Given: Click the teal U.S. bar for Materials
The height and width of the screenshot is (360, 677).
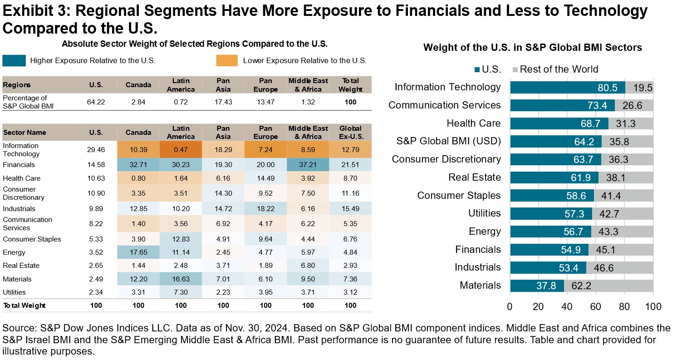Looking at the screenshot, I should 537,286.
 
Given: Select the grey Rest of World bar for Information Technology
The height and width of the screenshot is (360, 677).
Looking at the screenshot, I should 639,87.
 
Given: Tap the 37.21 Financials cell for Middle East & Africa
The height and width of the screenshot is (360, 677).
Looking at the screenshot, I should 308,165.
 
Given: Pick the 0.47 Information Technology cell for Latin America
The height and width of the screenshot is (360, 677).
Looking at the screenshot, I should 181,149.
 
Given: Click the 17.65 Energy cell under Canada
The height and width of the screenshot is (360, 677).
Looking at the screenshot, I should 138,252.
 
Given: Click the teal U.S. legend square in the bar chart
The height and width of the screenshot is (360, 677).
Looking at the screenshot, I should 477,69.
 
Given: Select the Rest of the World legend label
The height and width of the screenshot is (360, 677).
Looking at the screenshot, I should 559,69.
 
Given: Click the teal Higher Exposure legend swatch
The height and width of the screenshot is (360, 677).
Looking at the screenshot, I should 13,60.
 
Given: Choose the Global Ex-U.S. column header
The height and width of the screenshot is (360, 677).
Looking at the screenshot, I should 350,133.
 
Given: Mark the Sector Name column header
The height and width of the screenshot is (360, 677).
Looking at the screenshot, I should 25,133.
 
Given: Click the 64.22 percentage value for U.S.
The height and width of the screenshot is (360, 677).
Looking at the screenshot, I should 96,102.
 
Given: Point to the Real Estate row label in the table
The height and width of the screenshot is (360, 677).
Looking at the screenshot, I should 21,266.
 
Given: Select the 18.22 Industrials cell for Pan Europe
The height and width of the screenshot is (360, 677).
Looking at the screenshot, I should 265,209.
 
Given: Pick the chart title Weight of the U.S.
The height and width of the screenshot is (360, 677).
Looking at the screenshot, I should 532,48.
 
